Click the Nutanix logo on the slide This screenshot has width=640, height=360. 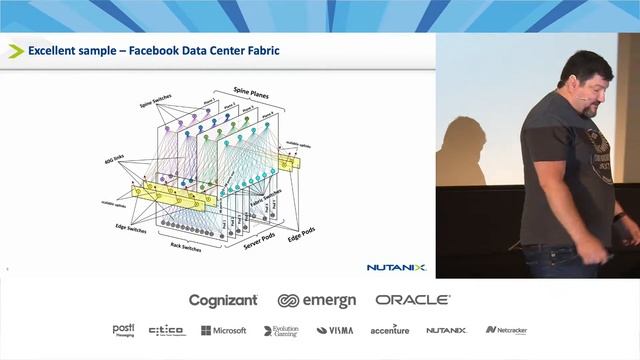(x=396, y=267)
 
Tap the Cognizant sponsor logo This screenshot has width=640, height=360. (x=223, y=300)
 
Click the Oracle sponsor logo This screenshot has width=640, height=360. (x=413, y=300)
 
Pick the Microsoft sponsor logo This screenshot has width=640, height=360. (x=224, y=330)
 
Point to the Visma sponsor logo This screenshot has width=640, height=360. (x=335, y=330)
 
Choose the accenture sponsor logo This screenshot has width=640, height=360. (x=390, y=330)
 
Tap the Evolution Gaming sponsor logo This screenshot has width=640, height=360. (x=281, y=330)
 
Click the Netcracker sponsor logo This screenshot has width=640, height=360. (x=506, y=330)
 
